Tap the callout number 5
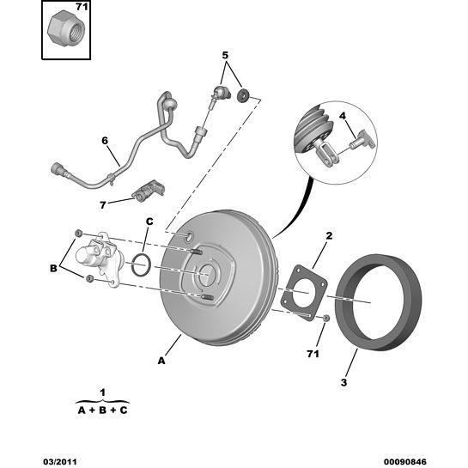pos(225,55)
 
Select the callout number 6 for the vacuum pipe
pos(105,141)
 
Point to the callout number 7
pos(103,205)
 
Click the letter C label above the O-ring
pos(149,222)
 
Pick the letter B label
pos(53,268)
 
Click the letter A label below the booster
pos(161,361)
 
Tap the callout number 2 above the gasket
pos(329,236)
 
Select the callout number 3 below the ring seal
pos(343,382)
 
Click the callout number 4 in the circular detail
pos(343,116)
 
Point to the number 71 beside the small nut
pos(313,354)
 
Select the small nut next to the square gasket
pos(326,319)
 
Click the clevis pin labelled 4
pos(363,140)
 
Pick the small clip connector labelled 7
pos(149,191)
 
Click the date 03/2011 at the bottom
pos(60,462)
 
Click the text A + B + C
pos(103,410)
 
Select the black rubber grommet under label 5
pos(243,94)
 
